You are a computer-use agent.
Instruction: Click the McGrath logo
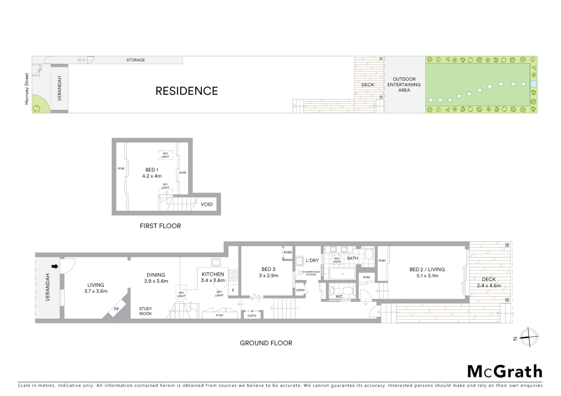504,371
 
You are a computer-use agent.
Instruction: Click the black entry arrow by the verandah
55,267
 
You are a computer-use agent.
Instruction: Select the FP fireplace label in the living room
116,309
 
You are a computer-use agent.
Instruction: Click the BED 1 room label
152,170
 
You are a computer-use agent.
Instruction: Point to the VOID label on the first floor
206,204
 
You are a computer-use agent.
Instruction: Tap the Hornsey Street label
26,89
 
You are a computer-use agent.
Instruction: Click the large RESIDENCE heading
187,91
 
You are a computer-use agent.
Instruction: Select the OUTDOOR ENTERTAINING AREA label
404,85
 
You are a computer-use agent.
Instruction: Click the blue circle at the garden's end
533,84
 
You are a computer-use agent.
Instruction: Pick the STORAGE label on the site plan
135,60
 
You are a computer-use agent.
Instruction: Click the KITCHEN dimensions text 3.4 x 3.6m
213,280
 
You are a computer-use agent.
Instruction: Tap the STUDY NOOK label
145,311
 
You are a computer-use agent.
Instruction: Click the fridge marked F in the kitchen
233,290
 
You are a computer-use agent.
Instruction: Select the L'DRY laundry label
312,260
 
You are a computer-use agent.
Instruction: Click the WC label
339,296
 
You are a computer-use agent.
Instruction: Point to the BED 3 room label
268,269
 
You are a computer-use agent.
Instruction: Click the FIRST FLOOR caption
160,226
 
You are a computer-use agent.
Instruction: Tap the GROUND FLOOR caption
266,343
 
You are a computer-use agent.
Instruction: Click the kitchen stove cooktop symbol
233,274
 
